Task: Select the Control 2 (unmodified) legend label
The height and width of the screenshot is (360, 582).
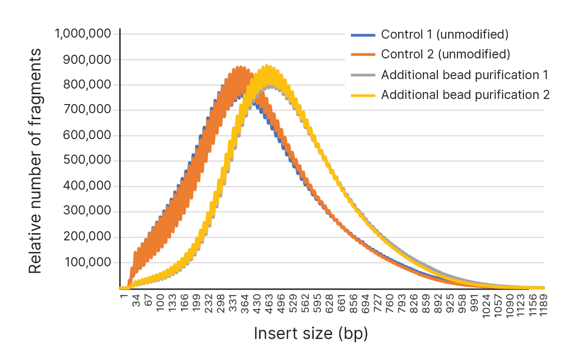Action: (446, 55)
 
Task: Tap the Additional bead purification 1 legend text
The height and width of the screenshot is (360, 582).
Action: (466, 75)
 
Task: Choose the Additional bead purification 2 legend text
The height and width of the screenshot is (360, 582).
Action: (466, 95)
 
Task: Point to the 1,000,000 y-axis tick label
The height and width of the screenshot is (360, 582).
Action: (83, 34)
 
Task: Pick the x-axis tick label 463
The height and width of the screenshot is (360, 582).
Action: (269, 302)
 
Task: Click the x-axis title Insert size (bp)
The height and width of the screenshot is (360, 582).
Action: (311, 333)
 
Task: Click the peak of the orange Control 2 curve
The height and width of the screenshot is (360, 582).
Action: (241, 68)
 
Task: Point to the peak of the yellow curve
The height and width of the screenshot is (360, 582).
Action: (267, 66)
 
